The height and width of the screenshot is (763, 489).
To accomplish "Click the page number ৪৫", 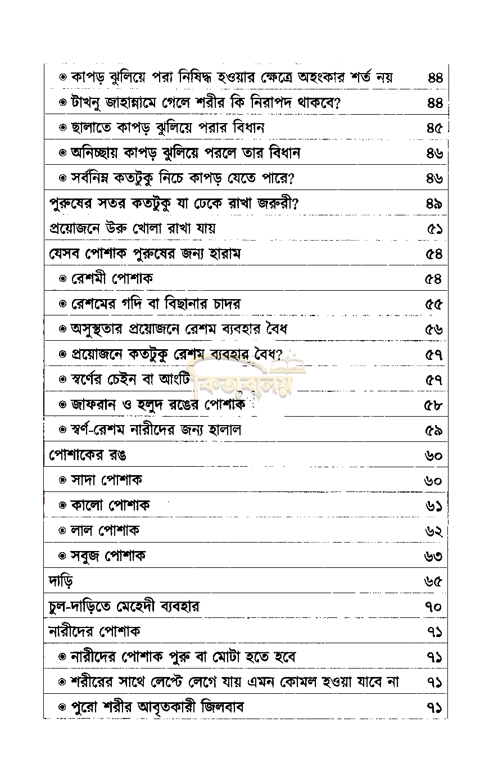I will coord(434,128).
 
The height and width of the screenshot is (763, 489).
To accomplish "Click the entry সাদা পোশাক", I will coord(106,480).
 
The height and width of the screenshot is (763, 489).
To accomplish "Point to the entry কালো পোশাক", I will coord(110,505).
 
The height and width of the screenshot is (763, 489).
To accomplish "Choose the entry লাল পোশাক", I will coord(105,530).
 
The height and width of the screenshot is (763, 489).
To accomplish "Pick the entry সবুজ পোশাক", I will coord(108,556).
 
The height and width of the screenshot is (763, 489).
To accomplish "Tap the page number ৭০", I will coord(434,607).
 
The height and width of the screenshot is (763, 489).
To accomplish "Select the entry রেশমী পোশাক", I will coord(112,279).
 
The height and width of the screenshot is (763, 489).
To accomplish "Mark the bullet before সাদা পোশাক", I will coord(63,480).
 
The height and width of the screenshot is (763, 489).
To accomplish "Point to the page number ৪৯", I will coord(434,204).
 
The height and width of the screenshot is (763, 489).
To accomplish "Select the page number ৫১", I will coord(434,229).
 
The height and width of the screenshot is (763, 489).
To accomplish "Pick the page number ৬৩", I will coord(433,556).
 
